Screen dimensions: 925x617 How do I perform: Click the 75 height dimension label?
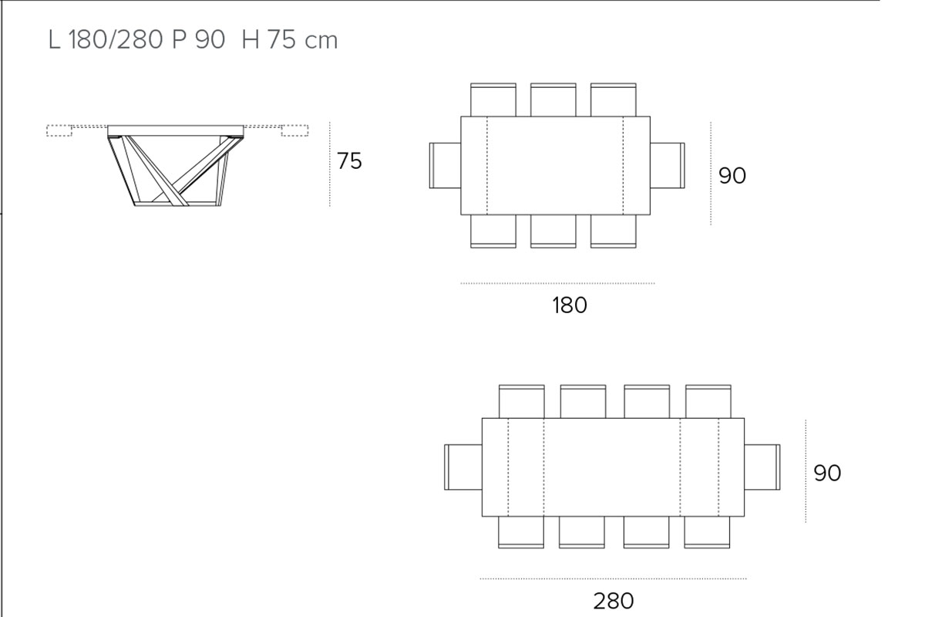click(349, 160)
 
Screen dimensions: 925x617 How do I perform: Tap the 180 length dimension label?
click(570, 305)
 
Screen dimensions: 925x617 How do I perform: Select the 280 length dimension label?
click(614, 601)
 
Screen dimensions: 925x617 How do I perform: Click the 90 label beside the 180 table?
click(732, 175)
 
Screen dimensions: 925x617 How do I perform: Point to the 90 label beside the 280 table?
click(827, 473)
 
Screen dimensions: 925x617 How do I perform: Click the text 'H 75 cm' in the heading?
click(290, 40)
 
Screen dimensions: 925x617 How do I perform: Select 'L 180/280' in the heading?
click(106, 40)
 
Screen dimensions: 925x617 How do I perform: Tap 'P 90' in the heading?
click(198, 40)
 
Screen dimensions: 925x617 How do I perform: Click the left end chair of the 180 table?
click(446, 165)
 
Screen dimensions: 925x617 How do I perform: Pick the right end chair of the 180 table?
click(668, 165)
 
